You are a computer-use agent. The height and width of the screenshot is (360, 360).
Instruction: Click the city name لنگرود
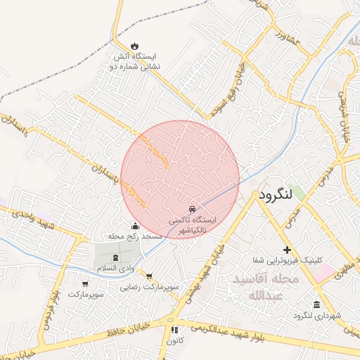(279, 195)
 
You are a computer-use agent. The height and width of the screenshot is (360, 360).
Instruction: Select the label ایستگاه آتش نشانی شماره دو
(134, 60)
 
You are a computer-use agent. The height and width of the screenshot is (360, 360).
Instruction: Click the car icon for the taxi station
(192, 210)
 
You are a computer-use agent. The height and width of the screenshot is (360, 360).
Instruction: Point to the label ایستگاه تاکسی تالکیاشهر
(192, 225)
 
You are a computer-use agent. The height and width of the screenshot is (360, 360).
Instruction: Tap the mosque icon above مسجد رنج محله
(135, 226)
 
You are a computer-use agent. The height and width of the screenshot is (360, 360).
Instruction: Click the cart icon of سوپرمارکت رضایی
(149, 276)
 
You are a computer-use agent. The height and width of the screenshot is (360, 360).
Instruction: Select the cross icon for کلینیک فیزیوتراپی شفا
(287, 250)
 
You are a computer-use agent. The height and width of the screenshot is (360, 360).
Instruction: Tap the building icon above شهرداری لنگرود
(316, 304)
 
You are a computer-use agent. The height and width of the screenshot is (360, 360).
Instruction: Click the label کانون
(174, 342)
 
